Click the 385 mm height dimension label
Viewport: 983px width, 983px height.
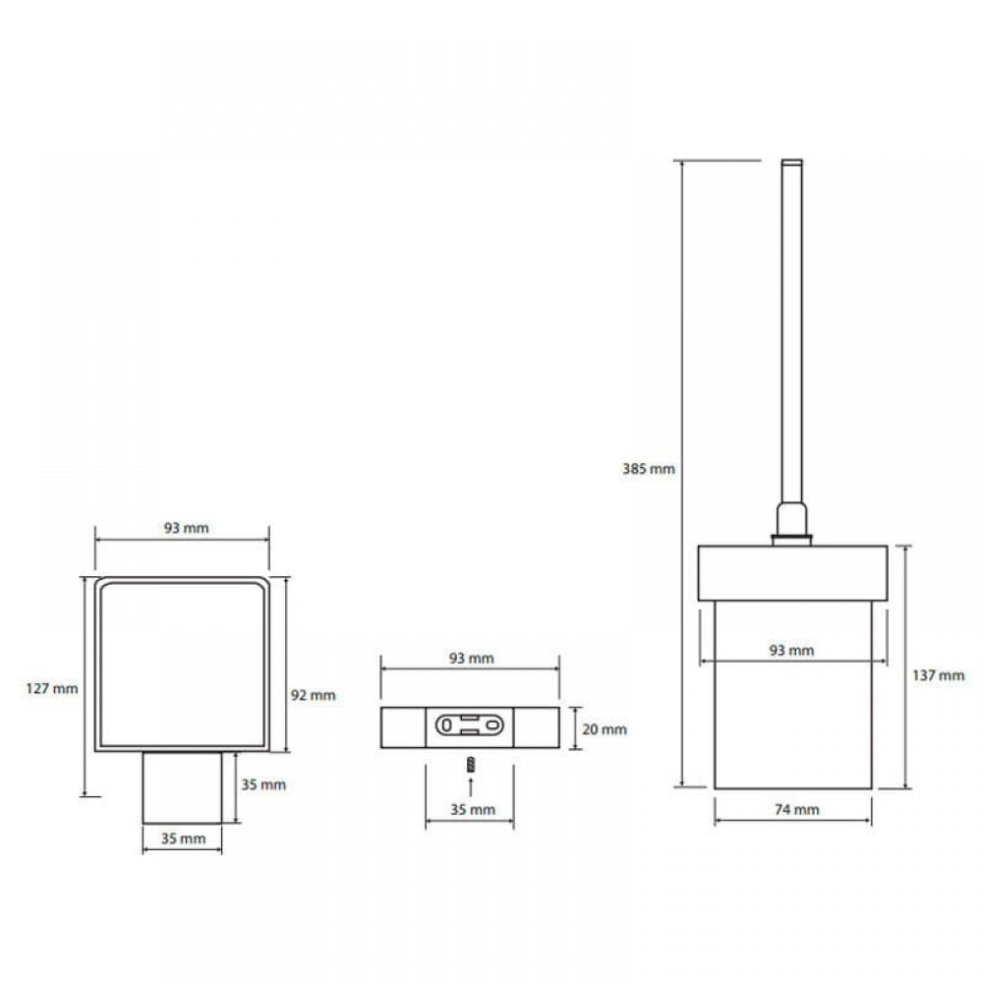648,468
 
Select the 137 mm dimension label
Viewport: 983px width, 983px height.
938,675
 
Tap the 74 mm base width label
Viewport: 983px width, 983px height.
797,809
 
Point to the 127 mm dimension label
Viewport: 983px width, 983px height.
52,688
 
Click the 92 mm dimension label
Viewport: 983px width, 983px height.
313,695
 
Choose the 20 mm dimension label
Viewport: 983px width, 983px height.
605,729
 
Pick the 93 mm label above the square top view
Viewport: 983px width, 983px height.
186,528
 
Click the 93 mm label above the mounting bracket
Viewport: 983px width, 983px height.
472,659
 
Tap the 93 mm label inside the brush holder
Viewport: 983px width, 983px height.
791,650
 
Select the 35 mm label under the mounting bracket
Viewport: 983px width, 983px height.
473,809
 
